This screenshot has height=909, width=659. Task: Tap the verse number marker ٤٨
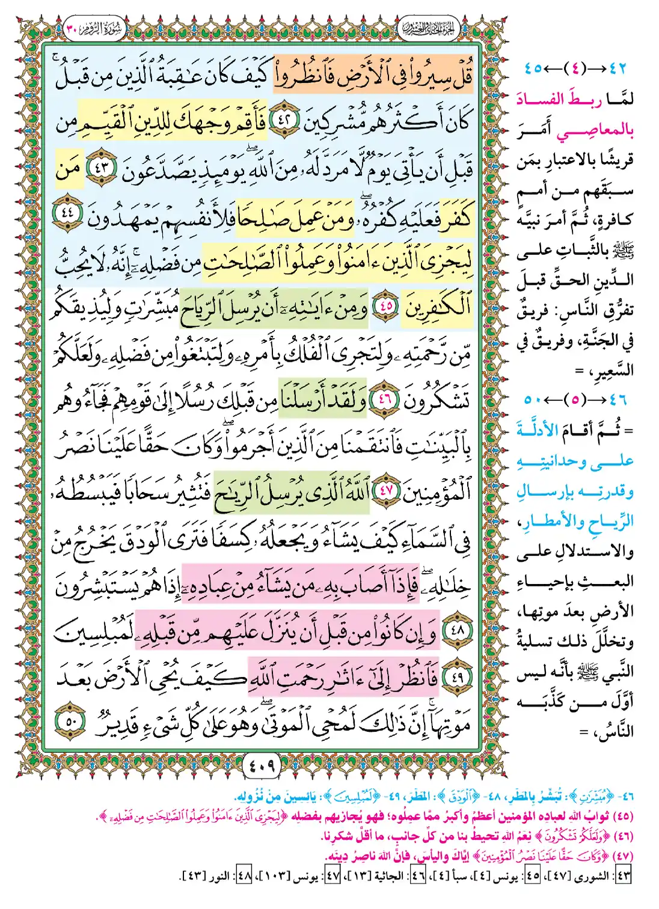[458, 630]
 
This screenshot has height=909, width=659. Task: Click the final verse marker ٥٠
[71, 721]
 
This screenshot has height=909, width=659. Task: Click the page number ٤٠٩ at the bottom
[262, 766]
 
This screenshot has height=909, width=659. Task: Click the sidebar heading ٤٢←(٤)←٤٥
[575, 68]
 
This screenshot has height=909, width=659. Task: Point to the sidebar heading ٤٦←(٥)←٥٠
[575, 400]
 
